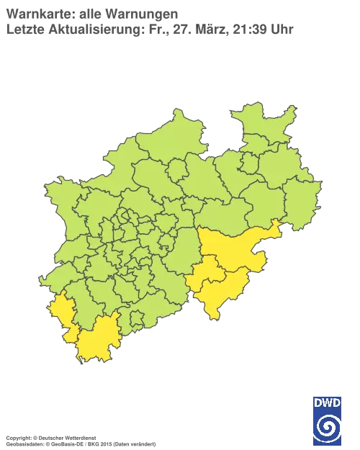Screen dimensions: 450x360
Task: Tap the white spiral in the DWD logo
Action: pyautogui.click(x=328, y=425)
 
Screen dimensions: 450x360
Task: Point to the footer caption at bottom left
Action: pyautogui.click(x=79, y=436)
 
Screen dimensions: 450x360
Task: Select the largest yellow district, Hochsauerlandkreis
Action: pyautogui.click(x=230, y=248)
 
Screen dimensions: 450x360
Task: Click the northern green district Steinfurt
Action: pyautogui.click(x=155, y=144)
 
